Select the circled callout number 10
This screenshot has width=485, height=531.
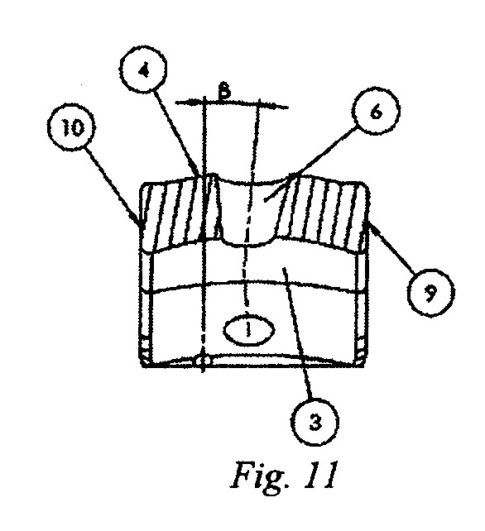(x=71, y=127)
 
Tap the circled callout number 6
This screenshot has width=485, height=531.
(x=376, y=111)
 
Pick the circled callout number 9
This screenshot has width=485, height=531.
(x=430, y=293)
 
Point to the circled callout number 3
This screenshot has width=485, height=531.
(x=315, y=423)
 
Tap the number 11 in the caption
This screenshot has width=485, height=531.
(x=319, y=475)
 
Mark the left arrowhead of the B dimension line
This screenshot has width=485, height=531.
(x=195, y=102)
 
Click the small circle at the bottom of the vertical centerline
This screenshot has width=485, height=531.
(x=202, y=361)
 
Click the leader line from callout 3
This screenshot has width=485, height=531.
(x=299, y=333)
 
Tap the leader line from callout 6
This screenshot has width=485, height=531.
(x=311, y=163)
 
